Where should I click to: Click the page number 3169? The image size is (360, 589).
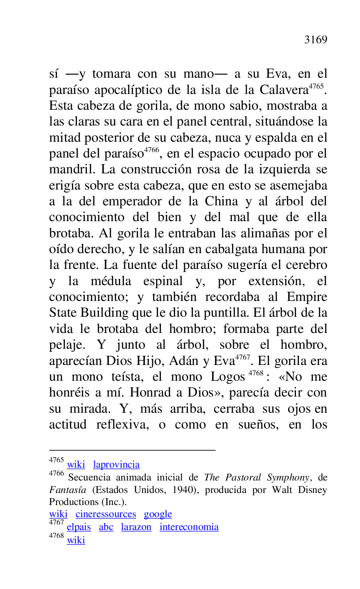(x=316, y=40)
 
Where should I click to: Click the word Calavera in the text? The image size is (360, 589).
(x=285, y=90)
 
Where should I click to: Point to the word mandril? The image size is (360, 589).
(x=72, y=170)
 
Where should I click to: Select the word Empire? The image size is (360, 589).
(x=307, y=298)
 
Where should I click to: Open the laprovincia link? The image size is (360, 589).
(x=116, y=465)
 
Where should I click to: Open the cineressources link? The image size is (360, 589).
(x=106, y=514)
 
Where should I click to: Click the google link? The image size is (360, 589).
(x=158, y=514)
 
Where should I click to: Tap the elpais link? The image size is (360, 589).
(x=79, y=527)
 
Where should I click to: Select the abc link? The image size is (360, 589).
(x=106, y=527)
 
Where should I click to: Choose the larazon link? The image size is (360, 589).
(x=136, y=527)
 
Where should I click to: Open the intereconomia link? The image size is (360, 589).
(x=189, y=527)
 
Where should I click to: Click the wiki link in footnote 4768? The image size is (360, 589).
(x=76, y=540)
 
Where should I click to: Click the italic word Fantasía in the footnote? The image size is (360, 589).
(x=67, y=490)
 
